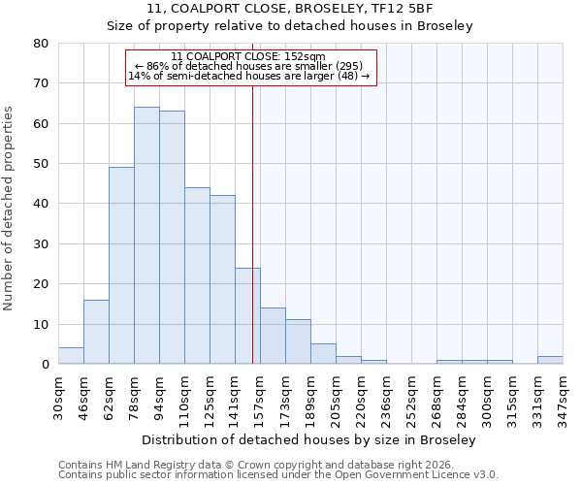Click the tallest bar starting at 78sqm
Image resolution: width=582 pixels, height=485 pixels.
point(146,236)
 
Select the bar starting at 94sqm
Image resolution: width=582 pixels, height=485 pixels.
point(172,238)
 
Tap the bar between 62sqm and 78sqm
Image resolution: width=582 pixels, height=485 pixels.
point(121,266)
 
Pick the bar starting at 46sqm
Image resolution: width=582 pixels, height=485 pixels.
point(96,332)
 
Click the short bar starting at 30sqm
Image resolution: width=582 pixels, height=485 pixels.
point(71,356)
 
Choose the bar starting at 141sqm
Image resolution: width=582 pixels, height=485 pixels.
point(247,316)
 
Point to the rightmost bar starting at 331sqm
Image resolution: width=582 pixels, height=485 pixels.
point(550,360)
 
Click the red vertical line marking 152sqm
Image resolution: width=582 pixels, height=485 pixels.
point(252,213)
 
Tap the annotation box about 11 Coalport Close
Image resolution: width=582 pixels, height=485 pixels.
point(249,66)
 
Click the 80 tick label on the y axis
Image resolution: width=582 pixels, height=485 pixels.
point(42,44)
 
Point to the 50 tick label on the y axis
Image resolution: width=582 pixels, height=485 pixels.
point(42,164)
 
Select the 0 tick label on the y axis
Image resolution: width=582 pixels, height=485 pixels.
point(46,365)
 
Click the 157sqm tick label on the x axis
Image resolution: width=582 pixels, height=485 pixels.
point(260,396)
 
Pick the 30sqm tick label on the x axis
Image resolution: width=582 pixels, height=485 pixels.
point(58,395)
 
